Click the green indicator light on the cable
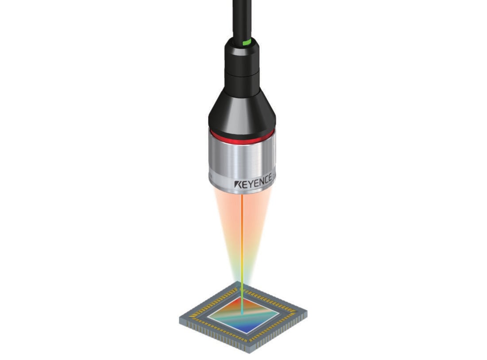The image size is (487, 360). point(247,42)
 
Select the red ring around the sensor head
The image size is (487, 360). point(242,137)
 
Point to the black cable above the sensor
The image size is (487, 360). point(242,19)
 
